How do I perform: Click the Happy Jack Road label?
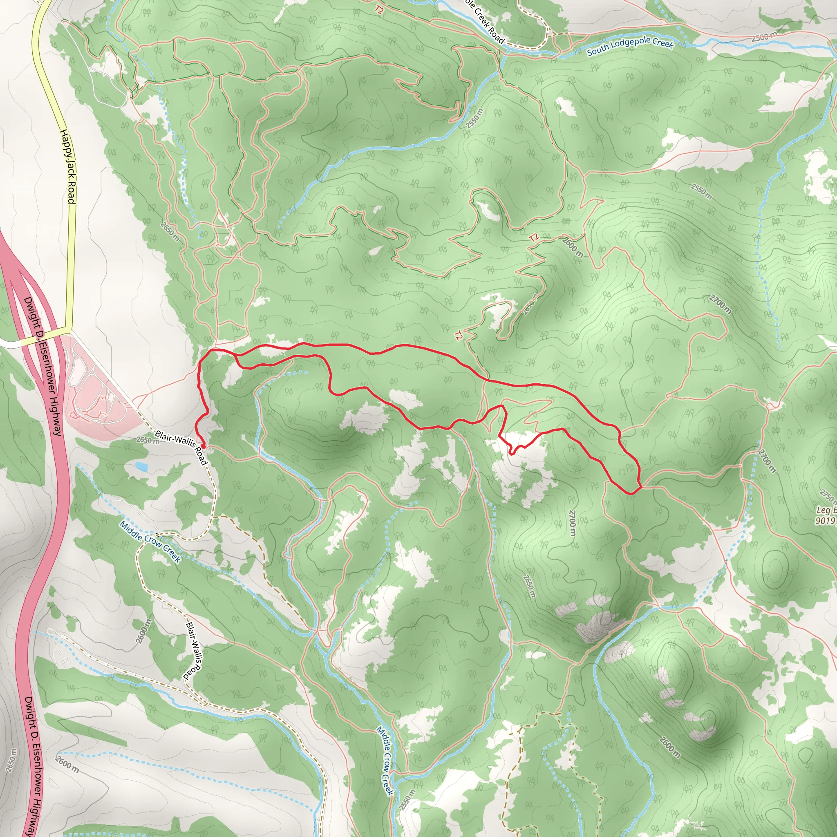(x=67, y=166)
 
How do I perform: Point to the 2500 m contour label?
(x=764, y=37)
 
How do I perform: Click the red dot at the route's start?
(x=202, y=446)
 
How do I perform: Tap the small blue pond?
(x=140, y=467)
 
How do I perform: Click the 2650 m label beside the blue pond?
(x=148, y=440)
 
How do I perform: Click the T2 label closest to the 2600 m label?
(x=534, y=237)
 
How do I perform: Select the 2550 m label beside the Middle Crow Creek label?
(x=407, y=800)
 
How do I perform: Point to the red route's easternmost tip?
(x=641, y=486)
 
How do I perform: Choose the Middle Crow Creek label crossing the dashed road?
(x=150, y=542)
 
